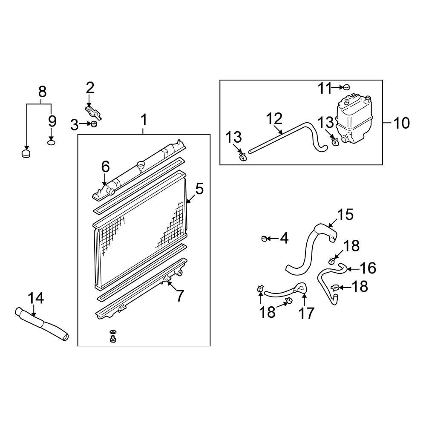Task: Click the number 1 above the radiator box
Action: click(144, 120)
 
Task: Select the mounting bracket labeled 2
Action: click(93, 113)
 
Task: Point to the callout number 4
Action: click(284, 239)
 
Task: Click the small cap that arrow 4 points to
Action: click(264, 238)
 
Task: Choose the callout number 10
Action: click(401, 123)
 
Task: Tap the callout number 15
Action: click(345, 215)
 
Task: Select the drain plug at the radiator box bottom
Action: click(113, 339)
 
